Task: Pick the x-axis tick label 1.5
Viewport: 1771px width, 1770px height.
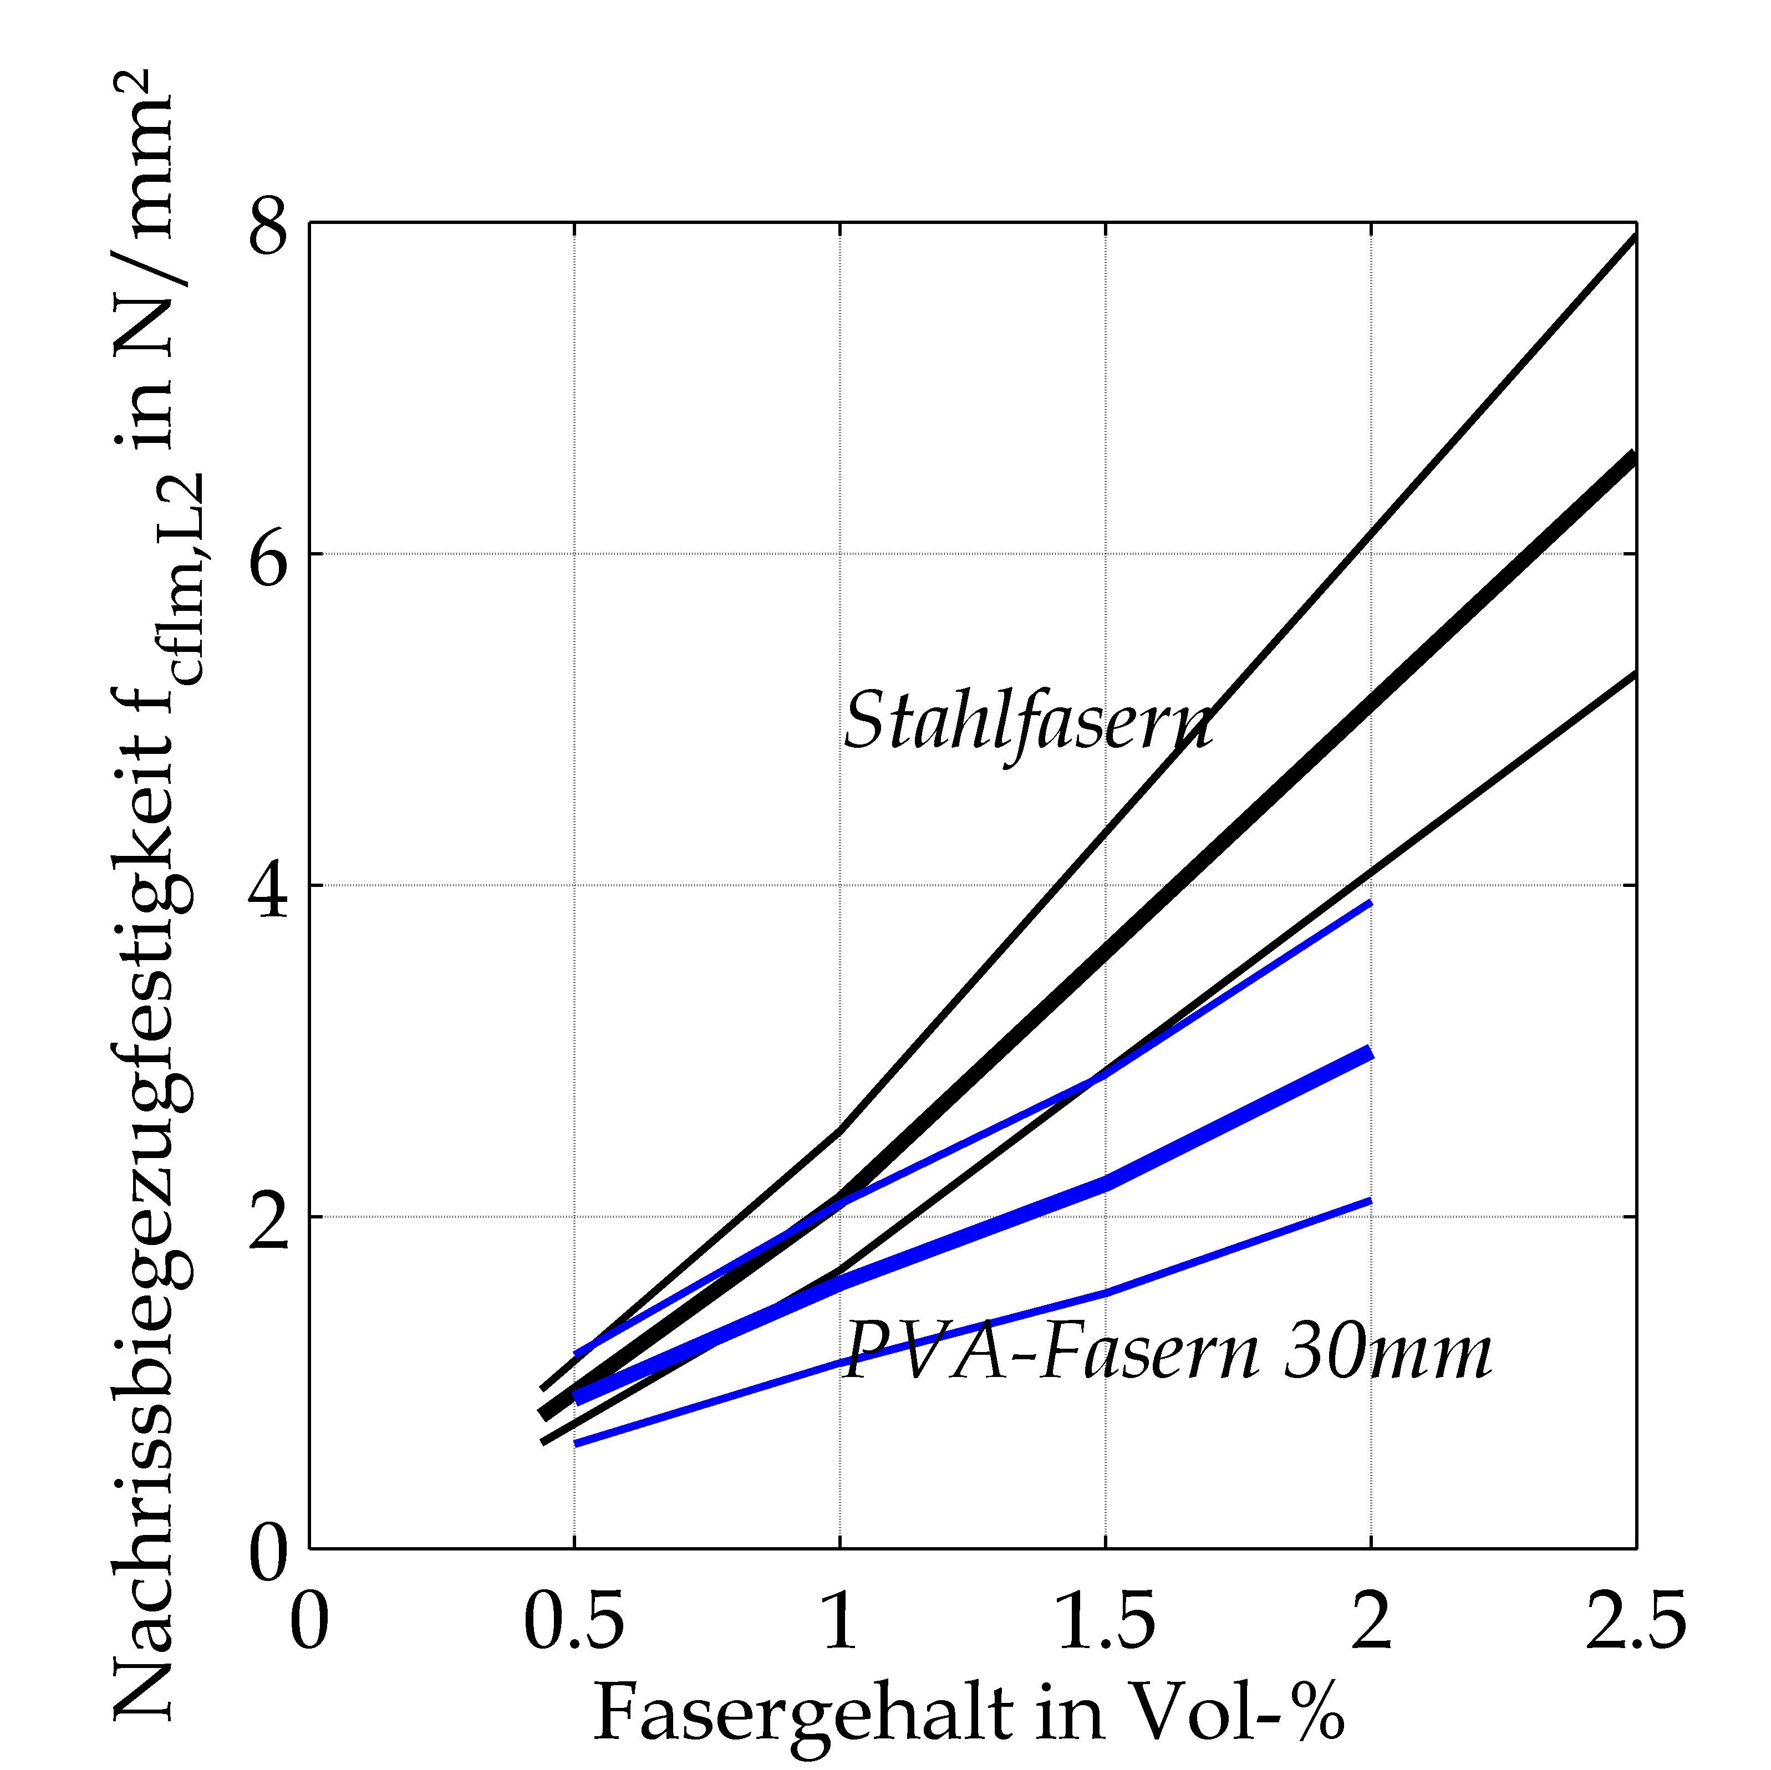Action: tap(1106, 1620)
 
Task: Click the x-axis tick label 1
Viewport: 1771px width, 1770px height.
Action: tap(839, 1620)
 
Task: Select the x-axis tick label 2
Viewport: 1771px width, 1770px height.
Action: tap(1371, 1620)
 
